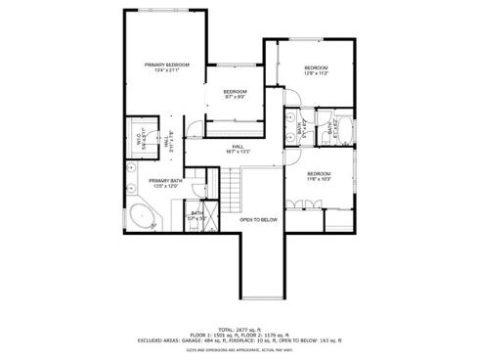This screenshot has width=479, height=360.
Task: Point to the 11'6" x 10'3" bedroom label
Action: (319, 177)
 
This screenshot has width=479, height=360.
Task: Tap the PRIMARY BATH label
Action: (165, 183)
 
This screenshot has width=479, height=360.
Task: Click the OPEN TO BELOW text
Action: (259, 220)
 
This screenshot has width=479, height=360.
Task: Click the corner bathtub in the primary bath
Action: (141, 217)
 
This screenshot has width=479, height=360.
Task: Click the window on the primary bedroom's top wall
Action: (165, 11)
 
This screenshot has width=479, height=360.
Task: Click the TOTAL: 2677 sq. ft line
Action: (239, 330)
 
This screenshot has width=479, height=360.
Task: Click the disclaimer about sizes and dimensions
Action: (239, 348)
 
